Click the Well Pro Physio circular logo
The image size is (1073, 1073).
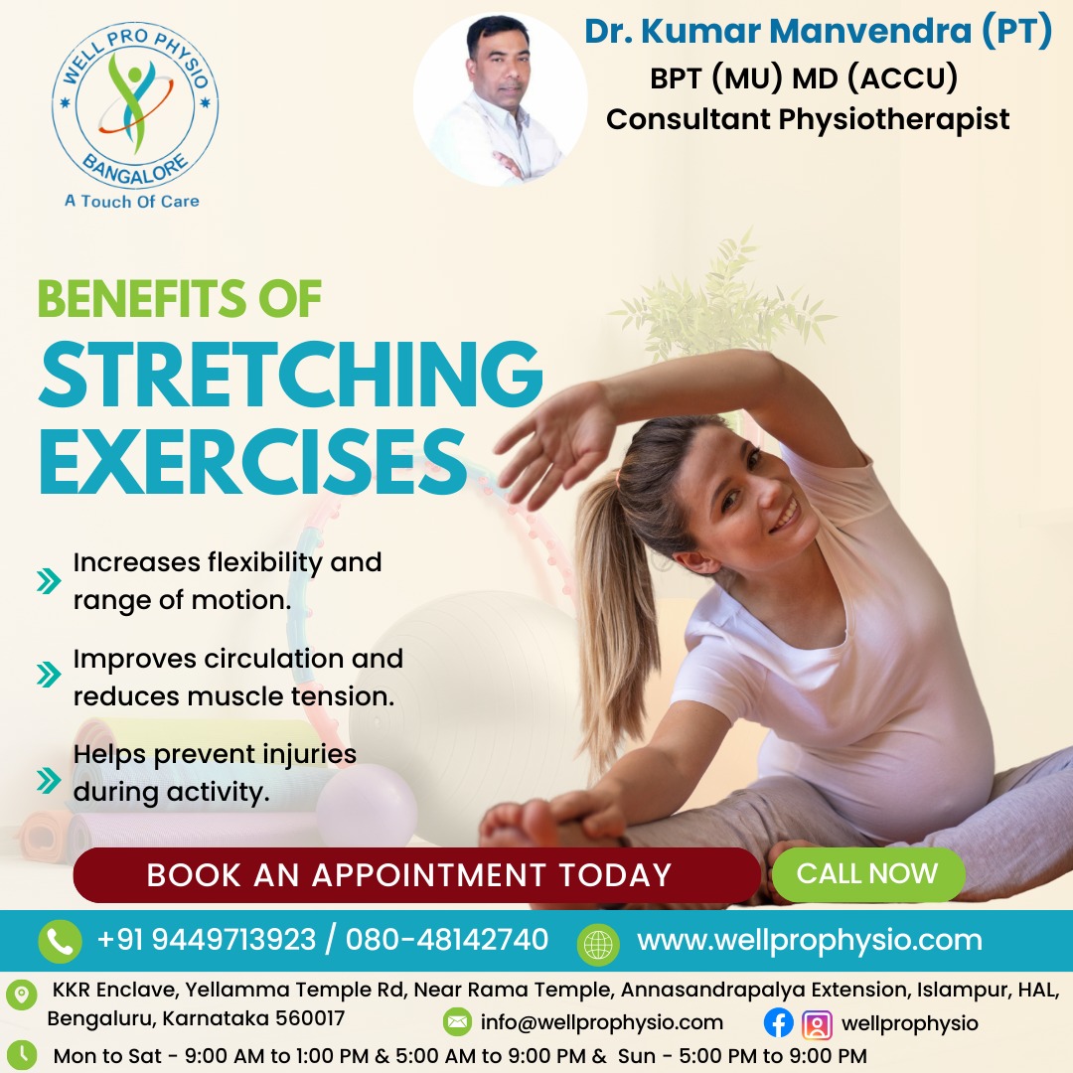click(x=135, y=105)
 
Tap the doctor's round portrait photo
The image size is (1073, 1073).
click(x=500, y=100)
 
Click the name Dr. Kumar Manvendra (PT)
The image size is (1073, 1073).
click(x=817, y=32)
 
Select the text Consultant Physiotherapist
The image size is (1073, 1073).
click(x=808, y=119)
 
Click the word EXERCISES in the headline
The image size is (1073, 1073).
click(x=252, y=463)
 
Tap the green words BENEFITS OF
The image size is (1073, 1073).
click(x=179, y=298)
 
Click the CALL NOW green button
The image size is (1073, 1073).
click(x=866, y=874)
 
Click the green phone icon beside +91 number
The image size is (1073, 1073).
click(x=60, y=941)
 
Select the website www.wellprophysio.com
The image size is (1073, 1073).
click(x=809, y=940)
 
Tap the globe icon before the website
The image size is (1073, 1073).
click(x=599, y=942)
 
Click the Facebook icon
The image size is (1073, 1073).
click(x=778, y=1023)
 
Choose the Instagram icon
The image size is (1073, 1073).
click(x=817, y=1023)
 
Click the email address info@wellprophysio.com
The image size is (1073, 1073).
click(x=601, y=1022)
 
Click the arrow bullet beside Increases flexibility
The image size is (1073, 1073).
click(x=49, y=580)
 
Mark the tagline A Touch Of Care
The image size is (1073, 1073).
click(x=132, y=201)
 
